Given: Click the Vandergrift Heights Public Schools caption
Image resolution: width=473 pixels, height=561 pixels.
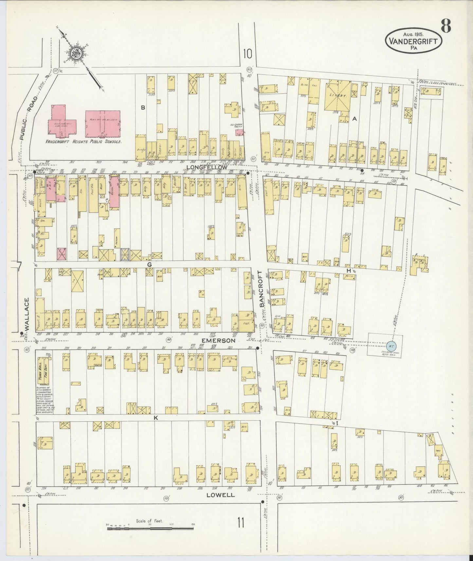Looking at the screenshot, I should coord(84,142).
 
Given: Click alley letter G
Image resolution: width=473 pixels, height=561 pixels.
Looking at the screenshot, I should coord(149,264).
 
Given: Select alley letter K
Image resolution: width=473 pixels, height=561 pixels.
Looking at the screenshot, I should coord(156,418).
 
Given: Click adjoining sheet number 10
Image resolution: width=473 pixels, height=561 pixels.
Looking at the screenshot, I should coord(247,54).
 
